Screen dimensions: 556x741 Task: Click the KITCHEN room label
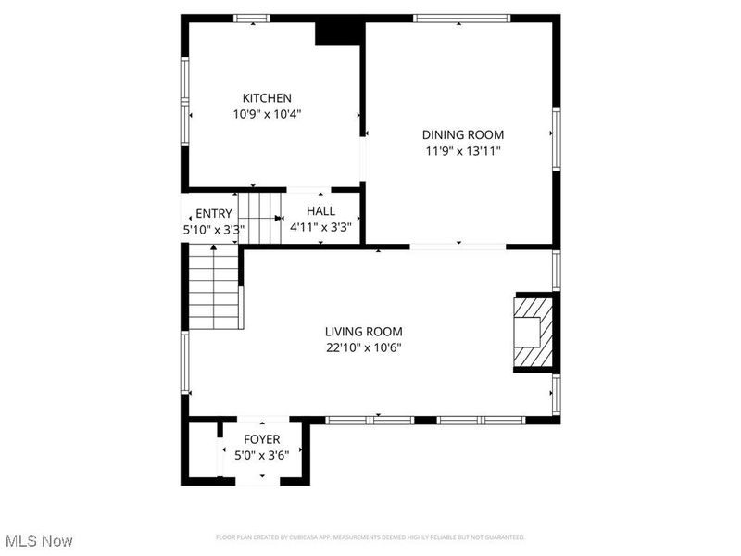pyautogui.click(x=267, y=98)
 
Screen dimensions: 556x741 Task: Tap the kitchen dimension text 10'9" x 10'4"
pyautogui.click(x=267, y=114)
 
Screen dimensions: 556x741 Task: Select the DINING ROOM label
pyautogui.click(x=463, y=134)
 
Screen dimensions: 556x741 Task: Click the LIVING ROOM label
pyautogui.click(x=363, y=332)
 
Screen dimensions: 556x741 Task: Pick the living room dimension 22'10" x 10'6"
pyautogui.click(x=363, y=347)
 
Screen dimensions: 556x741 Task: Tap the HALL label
pyautogui.click(x=320, y=211)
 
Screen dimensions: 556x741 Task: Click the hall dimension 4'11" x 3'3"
pyautogui.click(x=320, y=227)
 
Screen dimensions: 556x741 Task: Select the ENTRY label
pyautogui.click(x=214, y=214)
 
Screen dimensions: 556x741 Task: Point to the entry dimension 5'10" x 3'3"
pyautogui.click(x=208, y=229)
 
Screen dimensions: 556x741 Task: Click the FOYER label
pyautogui.click(x=261, y=439)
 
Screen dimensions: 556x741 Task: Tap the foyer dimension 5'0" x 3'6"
pyautogui.click(x=261, y=455)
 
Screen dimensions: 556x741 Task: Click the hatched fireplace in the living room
pyautogui.click(x=533, y=333)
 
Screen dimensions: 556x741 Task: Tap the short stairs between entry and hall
pyautogui.click(x=260, y=217)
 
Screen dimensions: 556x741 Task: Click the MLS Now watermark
pyautogui.click(x=39, y=540)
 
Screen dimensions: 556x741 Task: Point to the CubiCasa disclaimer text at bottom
pyautogui.click(x=370, y=537)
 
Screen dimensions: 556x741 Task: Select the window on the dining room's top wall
pyautogui.click(x=461, y=18)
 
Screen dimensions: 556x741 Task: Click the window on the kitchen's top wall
pyautogui.click(x=251, y=18)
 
